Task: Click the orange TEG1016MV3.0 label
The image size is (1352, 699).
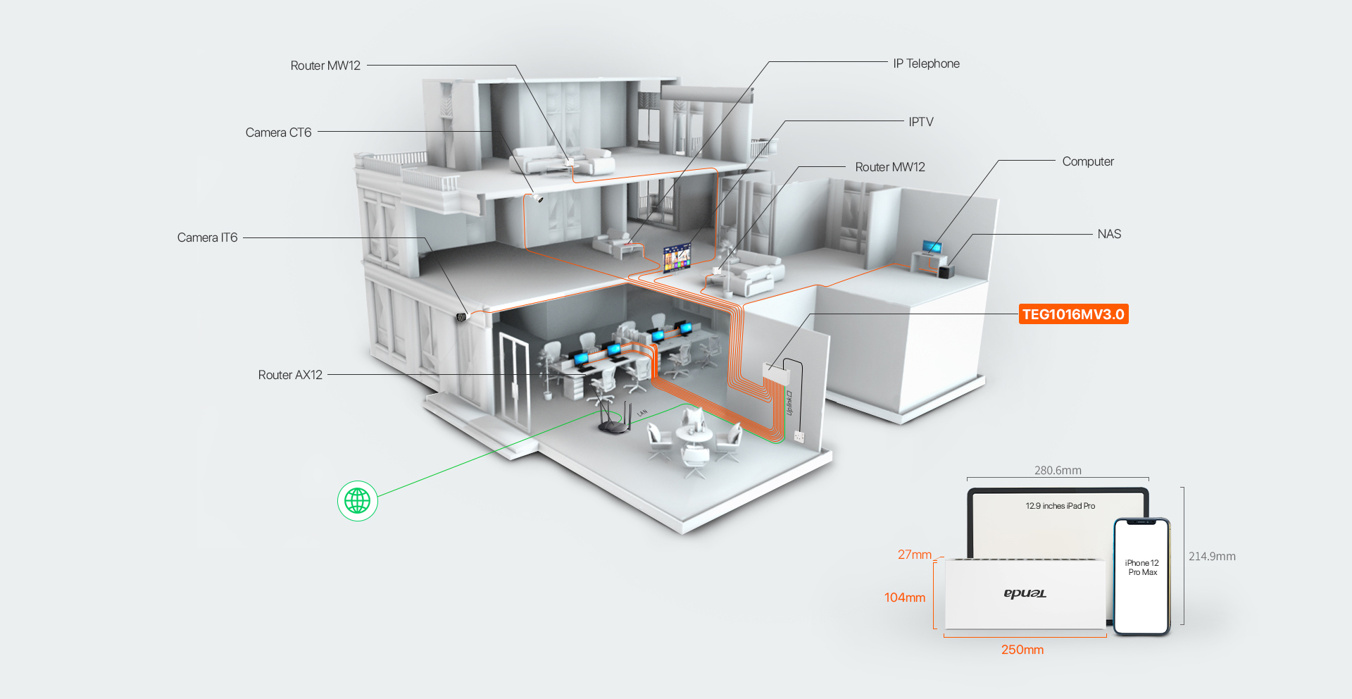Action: (1073, 314)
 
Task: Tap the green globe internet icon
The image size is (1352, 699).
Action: (358, 501)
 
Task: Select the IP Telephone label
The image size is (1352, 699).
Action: (926, 63)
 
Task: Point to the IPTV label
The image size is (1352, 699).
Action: (920, 122)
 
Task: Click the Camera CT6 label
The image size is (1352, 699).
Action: (278, 132)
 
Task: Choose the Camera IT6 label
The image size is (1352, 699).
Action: (207, 237)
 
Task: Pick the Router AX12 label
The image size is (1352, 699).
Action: (290, 375)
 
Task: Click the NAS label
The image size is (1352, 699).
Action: (1109, 234)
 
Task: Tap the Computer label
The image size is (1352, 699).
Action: (1088, 161)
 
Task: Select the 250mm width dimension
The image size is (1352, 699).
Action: (1022, 650)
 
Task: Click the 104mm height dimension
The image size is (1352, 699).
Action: (905, 598)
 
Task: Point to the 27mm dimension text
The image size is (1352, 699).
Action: (914, 555)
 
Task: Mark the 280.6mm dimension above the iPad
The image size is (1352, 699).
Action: (1058, 470)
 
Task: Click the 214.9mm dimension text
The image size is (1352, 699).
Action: (1212, 556)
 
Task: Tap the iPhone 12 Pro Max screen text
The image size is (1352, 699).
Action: (1141, 567)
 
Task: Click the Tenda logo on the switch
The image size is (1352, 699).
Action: (1025, 593)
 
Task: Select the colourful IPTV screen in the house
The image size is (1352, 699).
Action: (677, 257)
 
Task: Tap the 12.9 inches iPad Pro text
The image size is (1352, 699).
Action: (1060, 506)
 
